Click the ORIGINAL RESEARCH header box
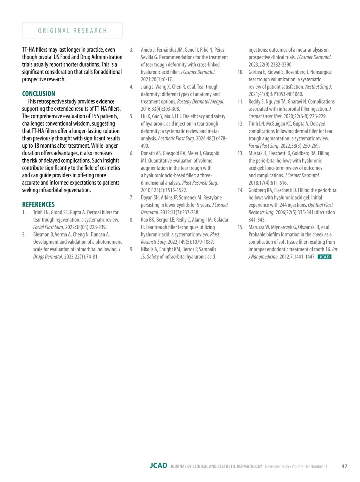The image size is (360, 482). click(x=72, y=30)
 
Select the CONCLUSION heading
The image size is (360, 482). click(x=39, y=94)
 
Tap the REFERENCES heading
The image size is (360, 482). click(x=38, y=204)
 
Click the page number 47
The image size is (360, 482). click(x=344, y=466)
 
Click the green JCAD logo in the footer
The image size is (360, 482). click(x=159, y=466)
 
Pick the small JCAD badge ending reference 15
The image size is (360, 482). click(x=324, y=257)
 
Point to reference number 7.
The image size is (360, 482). click(x=131, y=197)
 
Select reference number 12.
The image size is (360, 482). click(x=240, y=124)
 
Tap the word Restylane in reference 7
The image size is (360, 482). click(x=212, y=197)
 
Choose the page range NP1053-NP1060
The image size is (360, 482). click(x=287, y=94)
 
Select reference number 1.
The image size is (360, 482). click(x=24, y=212)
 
